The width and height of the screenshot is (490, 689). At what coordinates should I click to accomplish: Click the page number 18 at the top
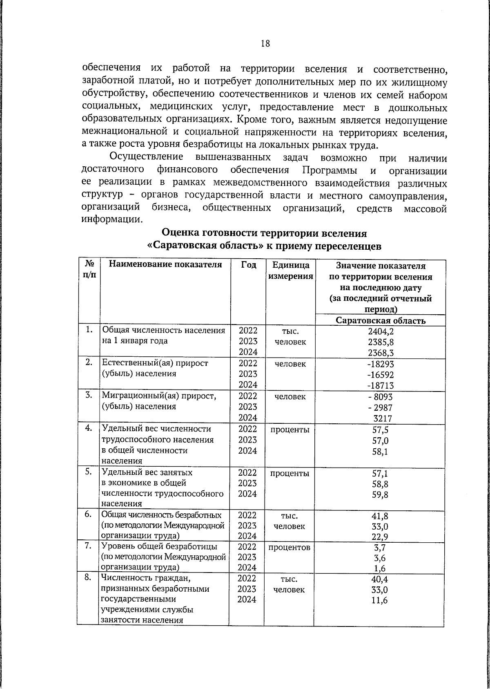pos(265,44)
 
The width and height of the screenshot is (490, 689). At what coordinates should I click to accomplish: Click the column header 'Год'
pos(248,265)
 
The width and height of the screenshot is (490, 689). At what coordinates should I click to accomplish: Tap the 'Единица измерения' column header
pos(290,271)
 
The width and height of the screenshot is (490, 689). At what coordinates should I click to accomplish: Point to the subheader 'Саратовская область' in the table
pos(381,320)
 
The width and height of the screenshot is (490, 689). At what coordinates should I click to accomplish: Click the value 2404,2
pos(381,331)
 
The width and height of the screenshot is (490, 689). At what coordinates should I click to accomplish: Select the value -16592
pos(381,374)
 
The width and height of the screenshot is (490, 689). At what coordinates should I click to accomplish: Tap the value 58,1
pos(381,452)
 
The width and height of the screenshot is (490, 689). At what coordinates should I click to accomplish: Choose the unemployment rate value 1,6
pos(381,568)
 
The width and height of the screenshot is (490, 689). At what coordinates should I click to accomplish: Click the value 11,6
pos(381,600)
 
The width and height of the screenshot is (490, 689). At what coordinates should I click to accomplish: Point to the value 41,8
pos(381,516)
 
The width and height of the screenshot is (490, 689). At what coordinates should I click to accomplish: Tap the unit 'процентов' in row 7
pos(290,547)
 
